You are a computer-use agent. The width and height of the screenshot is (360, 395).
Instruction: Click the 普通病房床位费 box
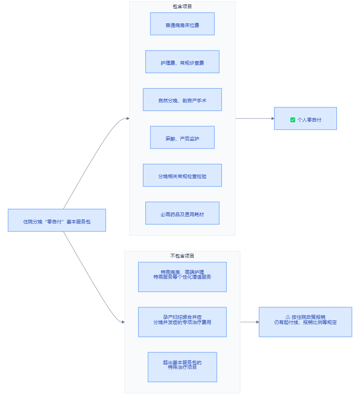click(182, 24)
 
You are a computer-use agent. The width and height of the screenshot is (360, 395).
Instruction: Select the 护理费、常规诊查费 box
click(182, 62)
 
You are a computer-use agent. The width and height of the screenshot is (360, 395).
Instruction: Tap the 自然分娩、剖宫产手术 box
click(182, 100)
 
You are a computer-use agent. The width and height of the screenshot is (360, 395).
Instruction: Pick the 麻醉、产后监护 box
click(182, 137)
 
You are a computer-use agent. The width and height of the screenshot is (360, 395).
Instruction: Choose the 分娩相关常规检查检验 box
click(182, 175)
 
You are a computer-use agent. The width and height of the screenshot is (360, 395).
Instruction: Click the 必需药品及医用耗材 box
click(182, 213)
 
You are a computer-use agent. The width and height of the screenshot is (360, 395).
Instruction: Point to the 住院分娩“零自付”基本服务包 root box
click(57, 220)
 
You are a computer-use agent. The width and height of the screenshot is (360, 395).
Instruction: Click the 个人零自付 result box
click(305, 119)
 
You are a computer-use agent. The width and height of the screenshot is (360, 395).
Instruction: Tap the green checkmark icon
click(292, 120)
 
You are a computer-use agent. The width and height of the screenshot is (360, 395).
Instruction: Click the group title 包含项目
click(182, 6)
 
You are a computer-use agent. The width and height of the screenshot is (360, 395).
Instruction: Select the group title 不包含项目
click(182, 256)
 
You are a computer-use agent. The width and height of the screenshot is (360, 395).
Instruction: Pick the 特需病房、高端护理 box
click(182, 277)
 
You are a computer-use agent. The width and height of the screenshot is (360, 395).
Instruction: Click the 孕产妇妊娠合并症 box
click(182, 322)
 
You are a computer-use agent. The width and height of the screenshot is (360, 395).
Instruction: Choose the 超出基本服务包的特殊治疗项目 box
click(182, 367)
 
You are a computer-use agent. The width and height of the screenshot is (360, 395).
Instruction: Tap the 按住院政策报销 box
click(305, 322)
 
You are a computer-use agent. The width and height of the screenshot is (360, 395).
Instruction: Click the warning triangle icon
click(288, 317)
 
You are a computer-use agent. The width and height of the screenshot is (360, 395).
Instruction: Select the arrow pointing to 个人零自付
click(255, 119)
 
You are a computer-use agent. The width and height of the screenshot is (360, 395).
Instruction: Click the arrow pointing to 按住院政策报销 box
click(250, 322)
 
